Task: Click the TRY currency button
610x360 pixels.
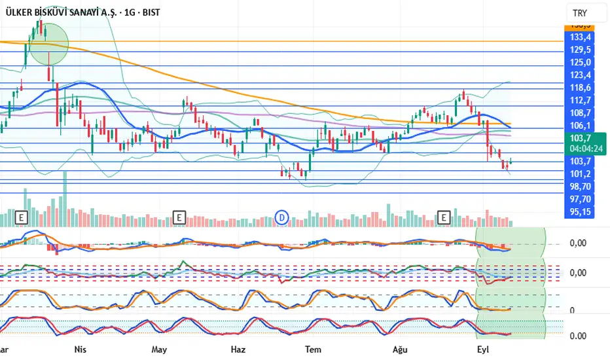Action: tap(580, 13)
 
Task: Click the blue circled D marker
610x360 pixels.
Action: tap(282, 217)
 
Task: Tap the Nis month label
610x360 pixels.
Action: tap(81, 350)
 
